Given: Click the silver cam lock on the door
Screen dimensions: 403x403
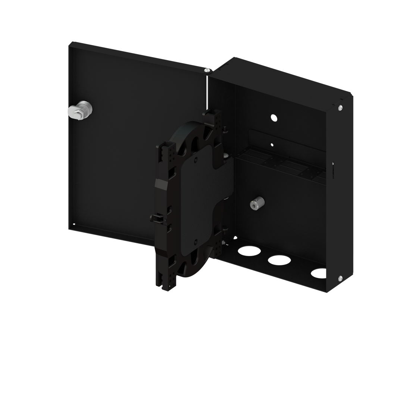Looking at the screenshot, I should tap(80, 110).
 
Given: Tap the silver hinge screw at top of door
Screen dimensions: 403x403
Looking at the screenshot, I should tap(207, 70).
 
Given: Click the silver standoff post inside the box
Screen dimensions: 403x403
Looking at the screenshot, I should tap(257, 203).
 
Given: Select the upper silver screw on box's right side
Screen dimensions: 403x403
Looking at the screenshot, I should tap(340, 108).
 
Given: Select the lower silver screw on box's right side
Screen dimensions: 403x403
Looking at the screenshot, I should tap(340, 278).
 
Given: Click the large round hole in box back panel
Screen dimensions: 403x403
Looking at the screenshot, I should tap(274, 118).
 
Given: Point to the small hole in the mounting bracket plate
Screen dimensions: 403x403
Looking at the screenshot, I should tap(272, 144).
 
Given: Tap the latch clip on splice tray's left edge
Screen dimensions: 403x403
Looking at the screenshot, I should tap(156, 217).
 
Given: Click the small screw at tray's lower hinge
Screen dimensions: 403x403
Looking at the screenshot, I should tap(223, 243).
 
